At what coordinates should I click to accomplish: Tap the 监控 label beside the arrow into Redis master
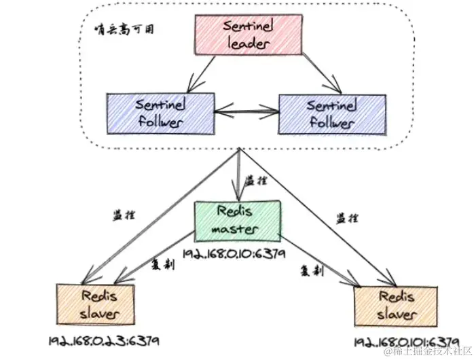pyautogui.click(x=255, y=181)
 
